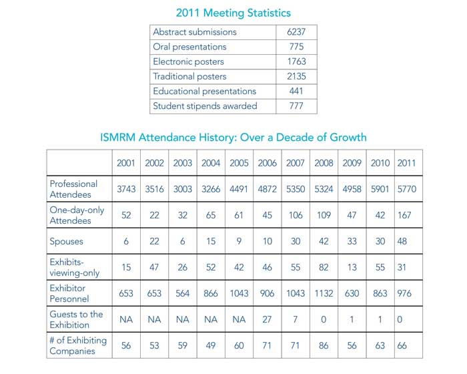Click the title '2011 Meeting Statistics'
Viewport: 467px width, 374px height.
point(233,13)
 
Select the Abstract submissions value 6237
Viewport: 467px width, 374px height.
point(296,32)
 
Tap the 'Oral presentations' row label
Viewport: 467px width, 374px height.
point(189,47)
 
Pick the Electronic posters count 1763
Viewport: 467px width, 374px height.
point(296,61)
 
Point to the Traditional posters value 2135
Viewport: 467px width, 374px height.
point(296,76)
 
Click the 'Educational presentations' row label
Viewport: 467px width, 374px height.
point(204,91)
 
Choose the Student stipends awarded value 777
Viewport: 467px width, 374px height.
point(296,106)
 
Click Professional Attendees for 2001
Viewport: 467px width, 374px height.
point(126,189)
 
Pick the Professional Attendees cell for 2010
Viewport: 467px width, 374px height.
point(380,189)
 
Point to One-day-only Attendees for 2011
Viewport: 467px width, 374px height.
point(406,216)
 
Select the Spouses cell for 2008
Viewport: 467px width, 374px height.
point(324,242)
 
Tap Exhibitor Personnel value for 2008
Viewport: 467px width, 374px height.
point(324,294)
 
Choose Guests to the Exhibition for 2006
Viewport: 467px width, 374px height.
point(268,320)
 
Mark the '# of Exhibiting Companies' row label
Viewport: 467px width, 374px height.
point(77,346)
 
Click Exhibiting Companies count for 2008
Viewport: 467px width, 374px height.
point(324,346)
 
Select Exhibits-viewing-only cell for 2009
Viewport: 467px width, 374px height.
point(352,268)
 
